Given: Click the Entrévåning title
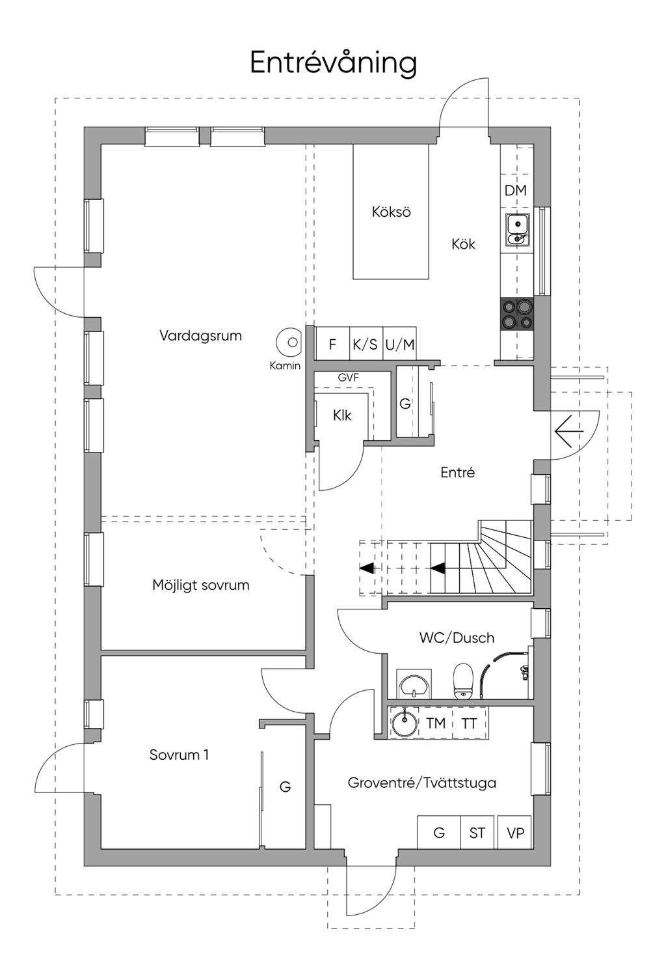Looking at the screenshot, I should coord(333,63).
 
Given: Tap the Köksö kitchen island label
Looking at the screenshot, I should coord(391,212).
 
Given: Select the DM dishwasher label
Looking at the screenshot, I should coord(515,190).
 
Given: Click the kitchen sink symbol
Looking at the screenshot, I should coord(518,231).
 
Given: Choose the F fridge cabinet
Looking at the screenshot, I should coord(332,344).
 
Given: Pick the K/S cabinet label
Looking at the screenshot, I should coord(365,344).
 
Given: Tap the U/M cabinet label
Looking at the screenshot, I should coord(399,344).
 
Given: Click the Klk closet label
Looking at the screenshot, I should coord(342,415).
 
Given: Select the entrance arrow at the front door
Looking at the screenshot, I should coord(568,431).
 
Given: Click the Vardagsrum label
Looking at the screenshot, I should coord(200,336).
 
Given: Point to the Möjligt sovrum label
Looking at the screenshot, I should coord(201,585).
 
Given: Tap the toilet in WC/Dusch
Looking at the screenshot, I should coord(463,680).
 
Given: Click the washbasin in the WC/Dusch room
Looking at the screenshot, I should coord(414,685).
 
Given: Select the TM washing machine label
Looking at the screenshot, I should coord(436,723).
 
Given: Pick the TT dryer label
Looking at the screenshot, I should coord(469,723).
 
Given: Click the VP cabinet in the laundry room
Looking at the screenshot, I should coord(515,833).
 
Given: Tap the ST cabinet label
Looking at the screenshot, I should coord(477,833).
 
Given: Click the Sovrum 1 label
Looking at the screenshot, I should coord(179,755).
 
